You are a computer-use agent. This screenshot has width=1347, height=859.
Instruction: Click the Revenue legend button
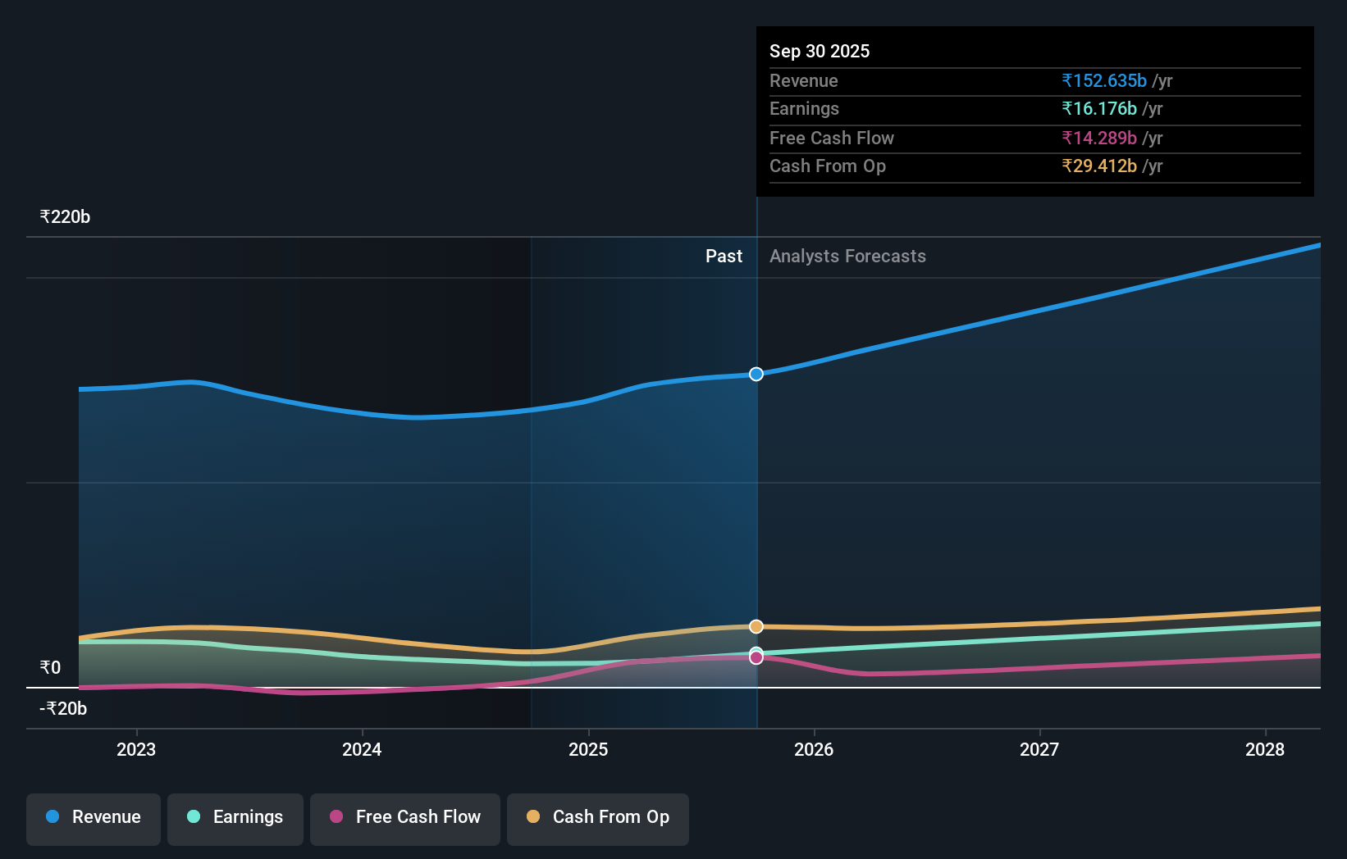94,818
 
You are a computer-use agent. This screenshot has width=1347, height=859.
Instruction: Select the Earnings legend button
235,818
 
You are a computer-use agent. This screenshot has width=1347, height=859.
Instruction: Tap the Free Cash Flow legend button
405,818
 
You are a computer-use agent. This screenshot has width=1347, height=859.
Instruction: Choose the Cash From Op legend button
598,818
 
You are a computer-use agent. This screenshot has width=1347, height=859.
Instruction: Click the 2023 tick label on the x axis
136,749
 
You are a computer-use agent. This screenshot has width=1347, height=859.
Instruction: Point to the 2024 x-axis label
362,749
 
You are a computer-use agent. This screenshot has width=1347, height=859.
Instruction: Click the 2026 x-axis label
814,749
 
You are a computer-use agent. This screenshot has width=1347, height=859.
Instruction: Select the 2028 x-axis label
1265,749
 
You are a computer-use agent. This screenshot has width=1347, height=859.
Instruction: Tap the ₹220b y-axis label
65,217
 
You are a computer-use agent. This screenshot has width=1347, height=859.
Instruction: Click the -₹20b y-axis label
63,708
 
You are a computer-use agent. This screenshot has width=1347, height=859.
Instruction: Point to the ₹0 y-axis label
50,667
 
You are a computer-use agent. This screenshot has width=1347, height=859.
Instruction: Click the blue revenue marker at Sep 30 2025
756,374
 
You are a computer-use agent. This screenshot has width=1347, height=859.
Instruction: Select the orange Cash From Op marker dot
756,626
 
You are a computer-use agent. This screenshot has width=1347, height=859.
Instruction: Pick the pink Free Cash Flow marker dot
756,657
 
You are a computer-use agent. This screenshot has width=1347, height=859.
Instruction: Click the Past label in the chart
724,257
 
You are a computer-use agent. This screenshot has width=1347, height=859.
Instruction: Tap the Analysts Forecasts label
847,257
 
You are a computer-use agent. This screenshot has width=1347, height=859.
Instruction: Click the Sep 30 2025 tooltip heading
820,51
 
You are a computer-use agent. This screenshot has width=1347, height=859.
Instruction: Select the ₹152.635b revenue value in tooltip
1104,80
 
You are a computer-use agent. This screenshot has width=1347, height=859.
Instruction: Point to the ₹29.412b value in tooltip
1099,166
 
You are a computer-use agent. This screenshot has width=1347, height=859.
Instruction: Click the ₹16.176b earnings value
1099,108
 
